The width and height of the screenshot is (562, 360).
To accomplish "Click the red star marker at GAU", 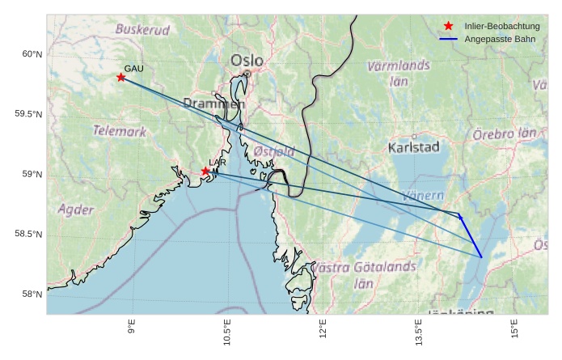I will click(121, 78).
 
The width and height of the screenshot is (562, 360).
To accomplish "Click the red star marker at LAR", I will click(205, 171).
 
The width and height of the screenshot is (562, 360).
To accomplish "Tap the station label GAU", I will click(133, 69).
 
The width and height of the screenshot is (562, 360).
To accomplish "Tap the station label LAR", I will click(217, 163).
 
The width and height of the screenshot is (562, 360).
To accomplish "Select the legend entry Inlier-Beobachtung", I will click(501, 27).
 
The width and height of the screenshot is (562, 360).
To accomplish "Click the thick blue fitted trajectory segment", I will click(471, 236).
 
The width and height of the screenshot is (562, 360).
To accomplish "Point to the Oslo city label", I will click(247, 61).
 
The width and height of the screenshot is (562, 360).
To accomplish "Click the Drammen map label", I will click(213, 104).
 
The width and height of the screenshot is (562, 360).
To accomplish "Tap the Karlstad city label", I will click(413, 147).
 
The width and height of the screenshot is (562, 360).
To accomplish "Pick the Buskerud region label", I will click(143, 30).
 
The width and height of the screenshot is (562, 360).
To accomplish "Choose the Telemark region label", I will click(120, 130).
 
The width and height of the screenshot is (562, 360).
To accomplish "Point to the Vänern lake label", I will click(423, 196).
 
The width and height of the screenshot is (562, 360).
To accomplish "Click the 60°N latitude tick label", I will click(31, 54).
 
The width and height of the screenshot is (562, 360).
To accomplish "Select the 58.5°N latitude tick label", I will click(28, 235).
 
